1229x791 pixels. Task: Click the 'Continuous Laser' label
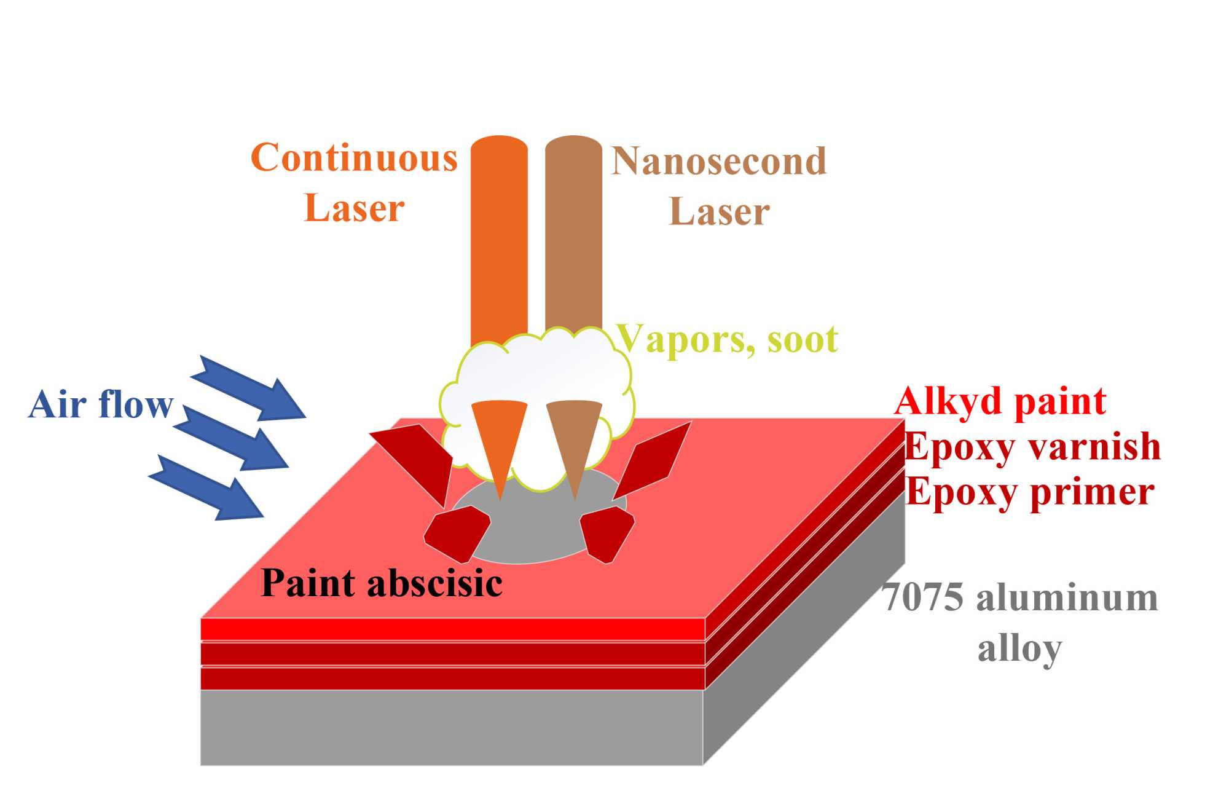355,183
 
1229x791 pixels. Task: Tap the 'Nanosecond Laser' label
718,186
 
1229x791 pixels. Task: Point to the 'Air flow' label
101,404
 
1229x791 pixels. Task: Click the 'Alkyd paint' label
1000,401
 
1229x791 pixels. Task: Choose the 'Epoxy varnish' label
1032,446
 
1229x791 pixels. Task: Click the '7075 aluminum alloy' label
1020,622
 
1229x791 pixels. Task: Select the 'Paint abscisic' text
382,583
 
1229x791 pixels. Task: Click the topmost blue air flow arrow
252,388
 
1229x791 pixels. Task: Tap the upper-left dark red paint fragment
418,458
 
